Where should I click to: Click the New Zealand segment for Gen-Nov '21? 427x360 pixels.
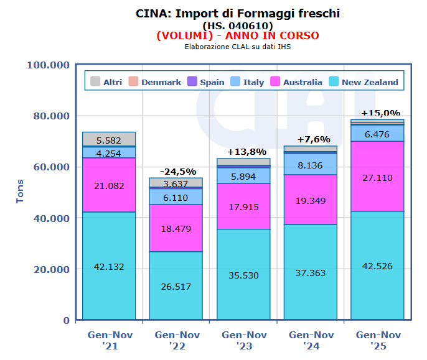point(109,266)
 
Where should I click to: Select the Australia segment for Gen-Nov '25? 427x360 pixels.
point(377,176)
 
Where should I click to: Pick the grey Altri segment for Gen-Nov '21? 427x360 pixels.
point(109,139)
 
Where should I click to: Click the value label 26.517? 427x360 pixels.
point(176,287)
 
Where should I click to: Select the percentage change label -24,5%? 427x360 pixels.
point(177,172)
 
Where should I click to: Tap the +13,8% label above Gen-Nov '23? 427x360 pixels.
point(246,152)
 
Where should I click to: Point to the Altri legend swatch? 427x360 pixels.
point(95,82)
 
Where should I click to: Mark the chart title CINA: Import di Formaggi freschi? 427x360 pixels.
point(238,13)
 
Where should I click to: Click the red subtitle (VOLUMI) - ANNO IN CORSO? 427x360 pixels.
point(238,35)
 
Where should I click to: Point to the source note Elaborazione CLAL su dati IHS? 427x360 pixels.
point(238,46)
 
